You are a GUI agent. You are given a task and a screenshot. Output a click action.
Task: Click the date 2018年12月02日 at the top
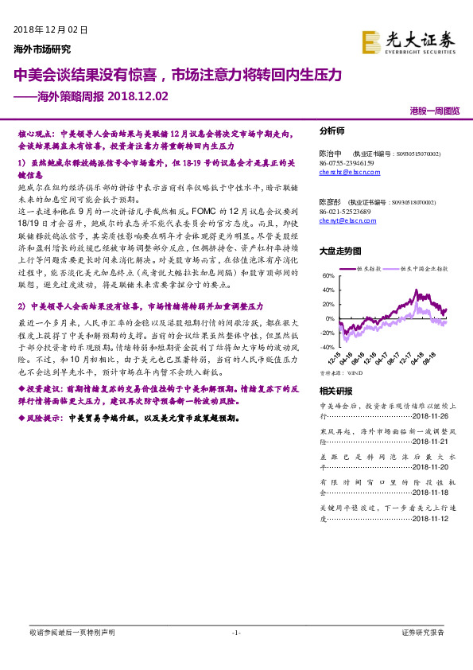pyautogui.click(x=50, y=29)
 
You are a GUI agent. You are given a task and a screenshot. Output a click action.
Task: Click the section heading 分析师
pyautogui.click(x=332, y=130)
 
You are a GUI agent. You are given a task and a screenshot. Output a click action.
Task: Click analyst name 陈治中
pyautogui.click(x=330, y=153)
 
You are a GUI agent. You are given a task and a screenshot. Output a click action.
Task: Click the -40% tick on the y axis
pyautogui.click(x=327, y=347)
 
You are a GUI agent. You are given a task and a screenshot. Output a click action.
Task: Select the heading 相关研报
pyautogui.click(x=335, y=390)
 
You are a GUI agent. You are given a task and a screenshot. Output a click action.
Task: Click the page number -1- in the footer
pyautogui.click(x=236, y=633)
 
